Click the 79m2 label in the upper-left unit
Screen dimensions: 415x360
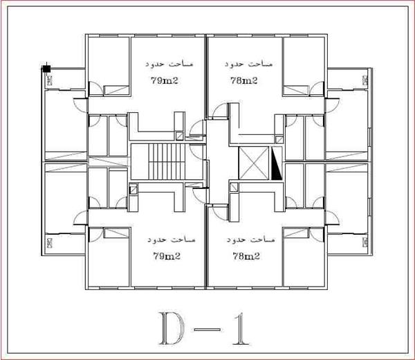click(x=165, y=80)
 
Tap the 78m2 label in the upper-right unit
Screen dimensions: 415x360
click(x=243, y=80)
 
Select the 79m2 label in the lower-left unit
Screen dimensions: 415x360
click(x=167, y=256)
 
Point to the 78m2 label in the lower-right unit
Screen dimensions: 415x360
click(x=246, y=256)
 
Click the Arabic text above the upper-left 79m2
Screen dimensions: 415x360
click(x=169, y=64)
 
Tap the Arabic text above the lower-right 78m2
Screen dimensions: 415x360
click(x=250, y=240)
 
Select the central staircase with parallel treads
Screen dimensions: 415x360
click(x=167, y=161)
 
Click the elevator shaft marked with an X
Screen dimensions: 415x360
click(x=254, y=163)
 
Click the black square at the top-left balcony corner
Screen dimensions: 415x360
click(x=47, y=69)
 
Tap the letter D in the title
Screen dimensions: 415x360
click(x=172, y=328)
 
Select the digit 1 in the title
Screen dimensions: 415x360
click(x=241, y=328)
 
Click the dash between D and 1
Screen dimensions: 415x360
click(x=207, y=330)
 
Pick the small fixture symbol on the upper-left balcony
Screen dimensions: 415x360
click(x=50, y=80)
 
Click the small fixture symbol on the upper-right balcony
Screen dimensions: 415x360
click(x=365, y=80)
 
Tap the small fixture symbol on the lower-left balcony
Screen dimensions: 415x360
click(x=50, y=242)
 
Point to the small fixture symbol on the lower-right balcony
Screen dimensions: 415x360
click(x=365, y=242)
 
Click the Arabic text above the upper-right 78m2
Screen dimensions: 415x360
click(x=248, y=64)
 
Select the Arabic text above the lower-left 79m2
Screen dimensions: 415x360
click(x=172, y=240)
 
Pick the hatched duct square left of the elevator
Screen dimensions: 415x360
click(x=234, y=188)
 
